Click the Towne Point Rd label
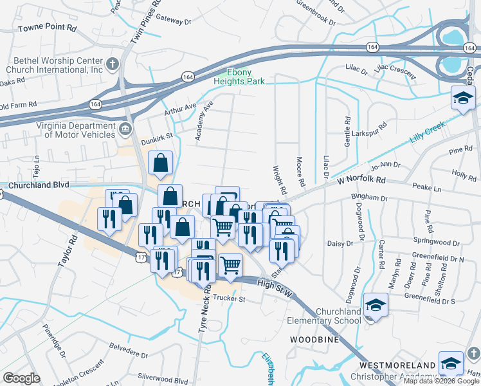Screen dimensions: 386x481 click(x=47, y=29)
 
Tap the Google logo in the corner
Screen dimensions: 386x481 click(x=21, y=378)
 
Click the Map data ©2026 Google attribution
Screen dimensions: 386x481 click(x=441, y=381)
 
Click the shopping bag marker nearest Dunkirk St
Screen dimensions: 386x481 click(x=160, y=163)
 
